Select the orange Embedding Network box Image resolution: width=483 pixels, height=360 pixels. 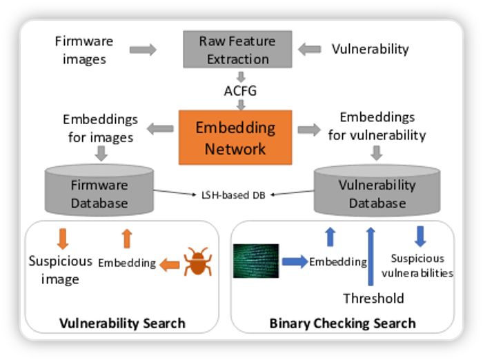click(235, 137)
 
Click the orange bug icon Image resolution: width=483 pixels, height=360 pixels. click(197, 263)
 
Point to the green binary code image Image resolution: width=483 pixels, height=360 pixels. click(256, 261)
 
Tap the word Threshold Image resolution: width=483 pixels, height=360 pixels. click(373, 298)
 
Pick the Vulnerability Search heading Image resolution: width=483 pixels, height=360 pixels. click(122, 323)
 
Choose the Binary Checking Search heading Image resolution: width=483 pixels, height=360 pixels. click(342, 323)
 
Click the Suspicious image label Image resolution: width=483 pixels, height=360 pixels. click(60, 270)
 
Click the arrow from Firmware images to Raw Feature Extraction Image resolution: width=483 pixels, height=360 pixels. click(143, 50)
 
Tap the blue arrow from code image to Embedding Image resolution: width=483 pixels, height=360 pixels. click(293, 261)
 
